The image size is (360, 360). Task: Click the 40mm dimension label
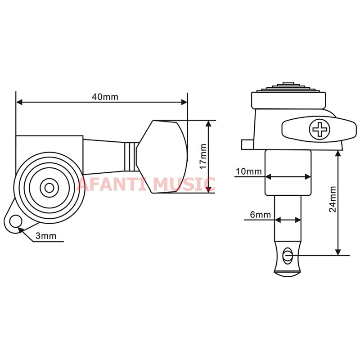pyautogui.click(x=105, y=97)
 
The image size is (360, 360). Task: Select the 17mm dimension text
pyautogui.click(x=203, y=156)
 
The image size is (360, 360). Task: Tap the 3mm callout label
pyautogui.click(x=46, y=236)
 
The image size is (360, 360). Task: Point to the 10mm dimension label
pyautogui.click(x=249, y=171)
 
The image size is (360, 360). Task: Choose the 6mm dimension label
pyautogui.click(x=261, y=215)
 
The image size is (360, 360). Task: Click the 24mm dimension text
pyautogui.click(x=333, y=199)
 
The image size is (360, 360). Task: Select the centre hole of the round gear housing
pyautogui.click(x=49, y=188)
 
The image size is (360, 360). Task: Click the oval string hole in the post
pyautogui.click(x=287, y=255)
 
